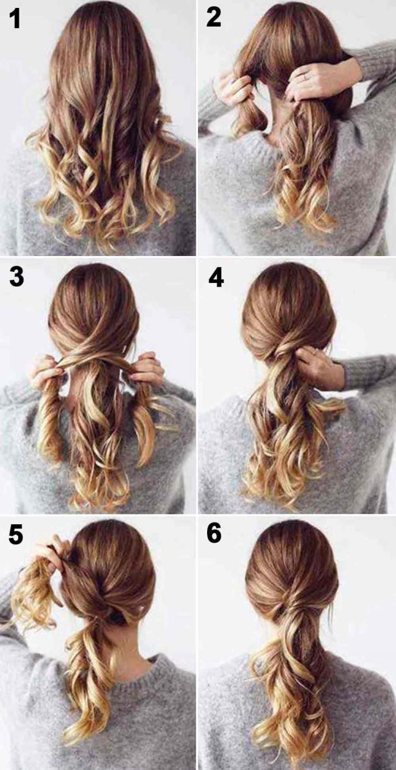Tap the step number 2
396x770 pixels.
pos(214,17)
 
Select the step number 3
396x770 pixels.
pos(16,277)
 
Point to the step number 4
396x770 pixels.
pos(216,277)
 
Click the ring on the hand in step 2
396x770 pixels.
pos(305,77)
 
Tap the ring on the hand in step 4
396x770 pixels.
pos(314,352)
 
